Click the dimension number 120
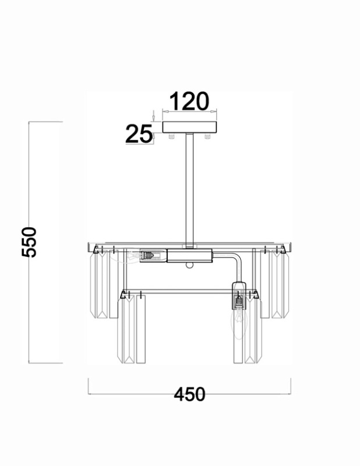point(189,101)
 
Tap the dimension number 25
point(139,134)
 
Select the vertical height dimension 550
point(29,242)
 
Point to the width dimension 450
point(189,394)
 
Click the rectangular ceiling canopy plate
point(190,127)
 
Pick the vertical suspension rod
point(189,190)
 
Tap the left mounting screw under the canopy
point(171,136)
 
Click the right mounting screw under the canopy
point(207,136)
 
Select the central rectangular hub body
point(189,256)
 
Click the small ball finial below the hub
point(189,265)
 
